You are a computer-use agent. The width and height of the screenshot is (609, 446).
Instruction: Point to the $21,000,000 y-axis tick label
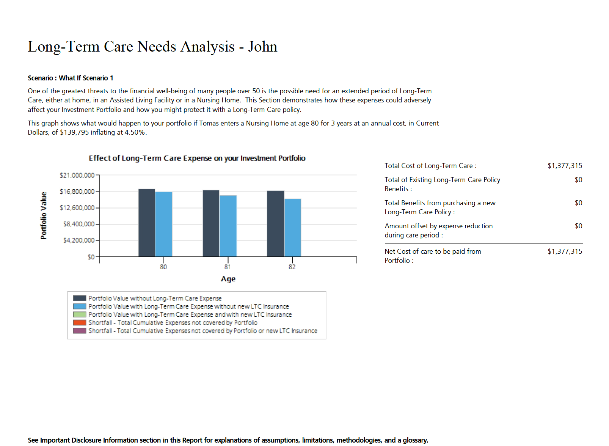77,175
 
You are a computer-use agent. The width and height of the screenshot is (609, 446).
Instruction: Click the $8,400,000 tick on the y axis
79,224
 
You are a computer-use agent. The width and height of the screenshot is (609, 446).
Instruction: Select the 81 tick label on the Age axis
228,267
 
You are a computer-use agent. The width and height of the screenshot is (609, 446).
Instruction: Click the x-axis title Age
228,279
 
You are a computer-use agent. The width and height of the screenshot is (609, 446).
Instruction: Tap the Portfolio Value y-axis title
44,215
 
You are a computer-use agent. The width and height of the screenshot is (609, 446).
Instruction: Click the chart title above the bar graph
197,158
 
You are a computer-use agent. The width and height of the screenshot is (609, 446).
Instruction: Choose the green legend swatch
80,314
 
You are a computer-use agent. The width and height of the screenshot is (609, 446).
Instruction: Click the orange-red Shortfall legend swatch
80,323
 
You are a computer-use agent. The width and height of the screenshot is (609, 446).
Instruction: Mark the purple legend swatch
80,331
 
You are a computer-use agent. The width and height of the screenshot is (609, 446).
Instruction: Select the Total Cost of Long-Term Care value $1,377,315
565,166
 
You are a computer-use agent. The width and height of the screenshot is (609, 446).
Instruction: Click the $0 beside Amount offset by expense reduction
578,226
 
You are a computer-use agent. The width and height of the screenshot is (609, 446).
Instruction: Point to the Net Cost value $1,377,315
565,251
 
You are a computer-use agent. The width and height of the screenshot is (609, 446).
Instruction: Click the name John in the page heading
262,47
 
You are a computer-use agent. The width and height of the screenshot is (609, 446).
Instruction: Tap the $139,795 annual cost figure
74,132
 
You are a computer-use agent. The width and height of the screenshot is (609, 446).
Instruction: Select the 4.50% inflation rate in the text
135,132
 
